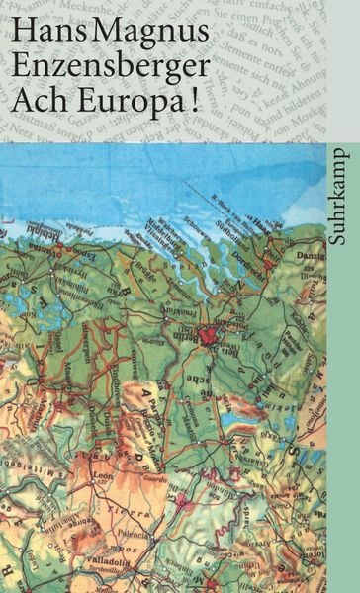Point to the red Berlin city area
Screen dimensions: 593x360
pyautogui.click(x=207, y=337)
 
